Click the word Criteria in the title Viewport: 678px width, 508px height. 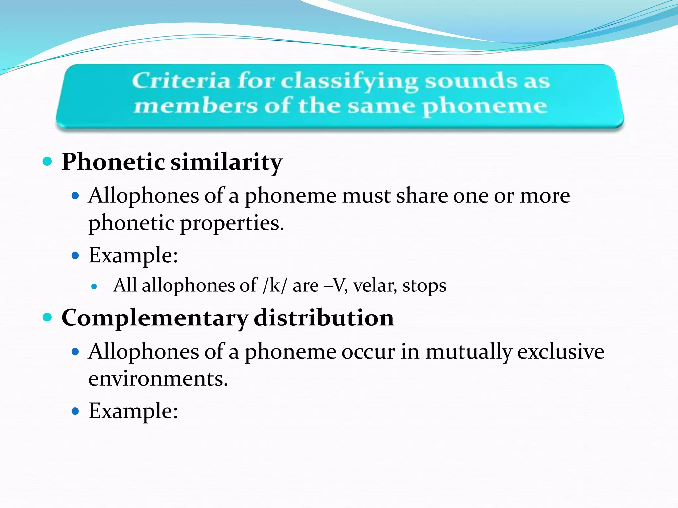pyautogui.click(x=181, y=81)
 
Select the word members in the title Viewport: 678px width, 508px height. pyautogui.click(x=195, y=106)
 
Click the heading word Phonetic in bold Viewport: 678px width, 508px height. pyautogui.click(x=113, y=162)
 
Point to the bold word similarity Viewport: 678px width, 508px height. pyautogui.click(x=226, y=162)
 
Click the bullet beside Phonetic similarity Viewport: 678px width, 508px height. pyautogui.click(x=48, y=162)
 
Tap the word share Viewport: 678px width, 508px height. pyautogui.click(x=421, y=196)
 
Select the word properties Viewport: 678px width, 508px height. pyautogui.click(x=232, y=223)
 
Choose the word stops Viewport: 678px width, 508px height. pyautogui.click(x=424, y=286)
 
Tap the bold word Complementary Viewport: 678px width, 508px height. pyautogui.click(x=155, y=318)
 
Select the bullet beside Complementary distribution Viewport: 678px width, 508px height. pyautogui.click(x=48, y=317)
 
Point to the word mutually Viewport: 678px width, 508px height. pyautogui.click(x=468, y=352)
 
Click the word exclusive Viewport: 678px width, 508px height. pyautogui.click(x=560, y=351)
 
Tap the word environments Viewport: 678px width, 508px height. pyautogui.click(x=158, y=379)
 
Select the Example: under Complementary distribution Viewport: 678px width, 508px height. pyautogui.click(x=133, y=411)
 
